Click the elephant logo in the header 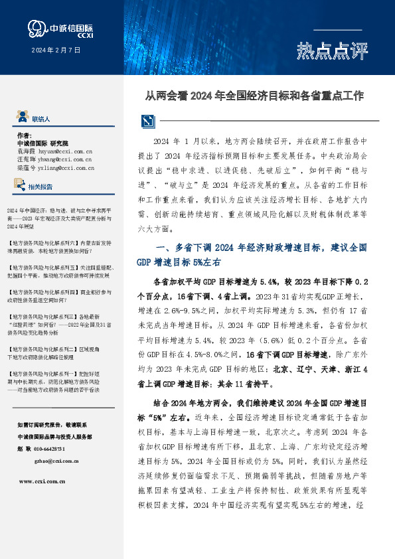point(37,27)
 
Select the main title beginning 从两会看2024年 point(254,96)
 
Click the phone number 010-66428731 point(57,449)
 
